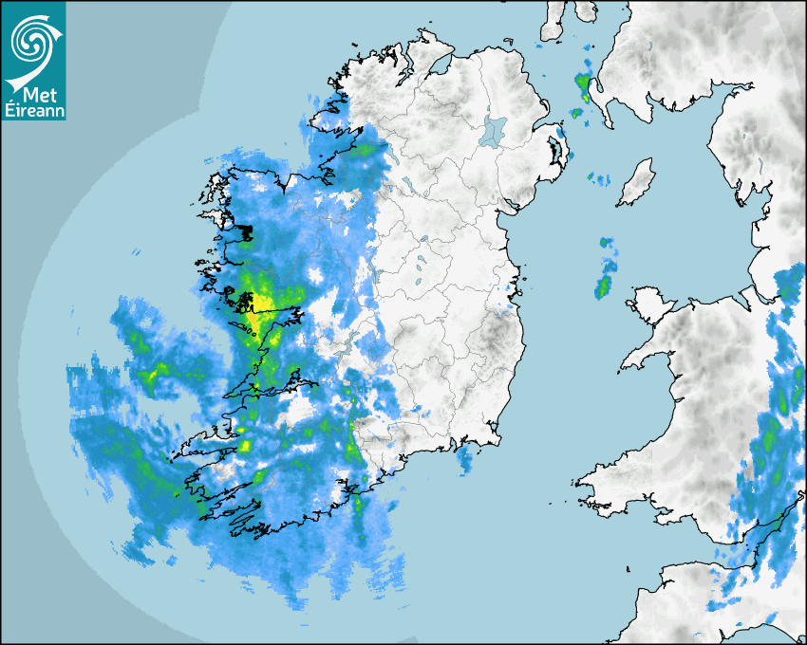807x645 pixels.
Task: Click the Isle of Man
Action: [637, 182]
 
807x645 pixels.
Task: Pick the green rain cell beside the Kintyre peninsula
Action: [583, 85]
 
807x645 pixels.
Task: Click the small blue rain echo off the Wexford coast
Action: [464, 460]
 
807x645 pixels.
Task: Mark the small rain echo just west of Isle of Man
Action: [599, 178]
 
